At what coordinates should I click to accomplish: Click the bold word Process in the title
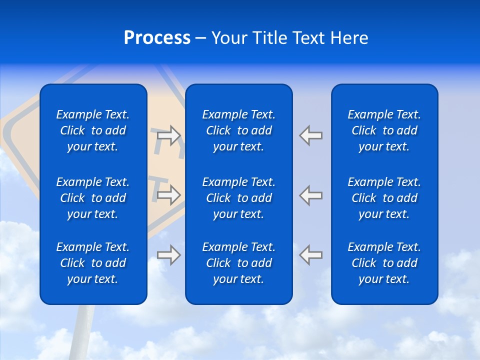(x=157, y=38)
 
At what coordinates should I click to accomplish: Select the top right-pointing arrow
(x=168, y=135)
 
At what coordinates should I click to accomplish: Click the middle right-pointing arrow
(x=168, y=195)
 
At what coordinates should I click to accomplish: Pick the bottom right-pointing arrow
(x=168, y=255)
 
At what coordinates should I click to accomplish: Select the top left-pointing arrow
(x=310, y=135)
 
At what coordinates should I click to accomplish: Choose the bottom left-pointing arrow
(x=310, y=254)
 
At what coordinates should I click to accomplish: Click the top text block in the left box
(x=93, y=130)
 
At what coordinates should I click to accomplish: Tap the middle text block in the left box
(x=93, y=198)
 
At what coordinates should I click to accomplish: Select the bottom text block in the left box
(x=93, y=263)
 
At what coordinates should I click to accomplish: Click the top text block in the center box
(x=239, y=130)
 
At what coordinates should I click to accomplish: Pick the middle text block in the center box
(x=239, y=198)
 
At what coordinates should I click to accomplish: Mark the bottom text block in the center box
(x=239, y=263)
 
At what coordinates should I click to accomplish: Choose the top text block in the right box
(x=384, y=130)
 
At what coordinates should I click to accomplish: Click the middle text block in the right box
(x=384, y=198)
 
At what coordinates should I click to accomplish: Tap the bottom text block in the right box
(x=384, y=263)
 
